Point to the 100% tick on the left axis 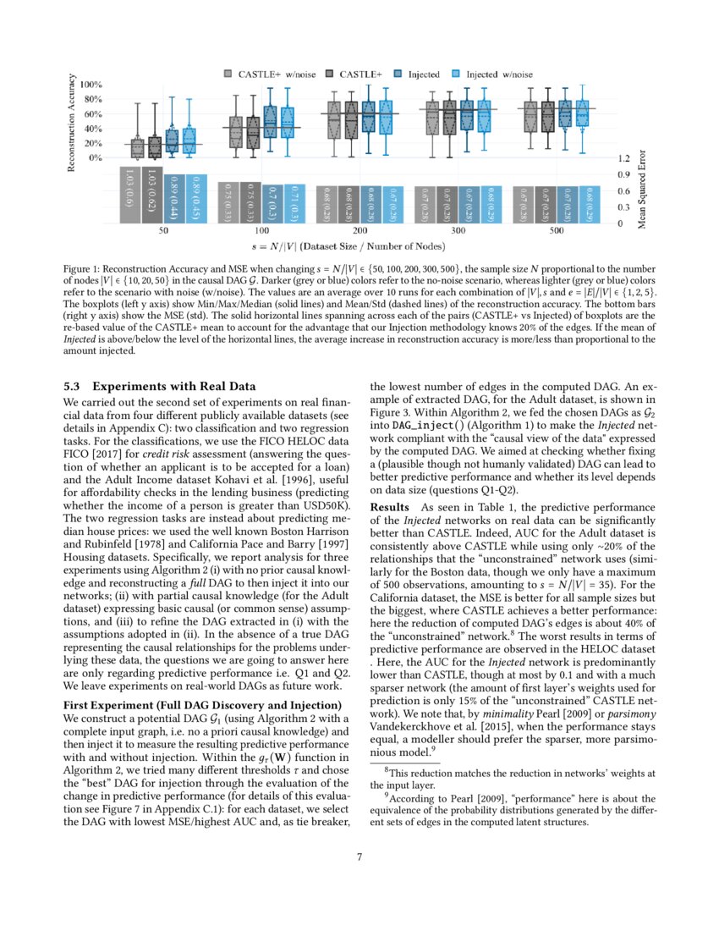pyautogui.click(x=91, y=85)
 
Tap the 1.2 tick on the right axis pyautogui.click(x=624, y=158)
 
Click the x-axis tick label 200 pyautogui.click(x=360, y=230)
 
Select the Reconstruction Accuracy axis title pyautogui.click(x=73, y=124)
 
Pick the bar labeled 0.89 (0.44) pyautogui.click(x=172, y=198)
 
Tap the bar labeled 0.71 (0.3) pyautogui.click(x=289, y=203)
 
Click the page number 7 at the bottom pyautogui.click(x=359, y=857)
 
